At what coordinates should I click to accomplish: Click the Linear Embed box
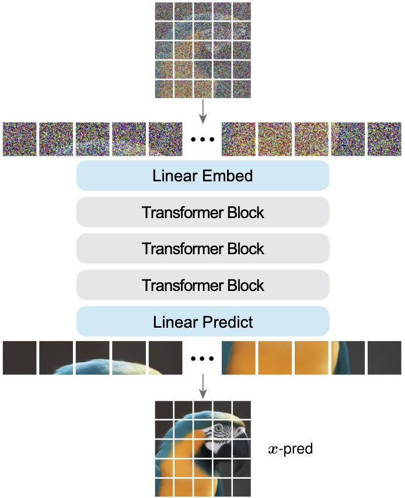coord(203,176)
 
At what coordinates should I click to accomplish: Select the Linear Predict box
coord(203,321)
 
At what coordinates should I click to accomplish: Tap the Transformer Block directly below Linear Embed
coord(203,212)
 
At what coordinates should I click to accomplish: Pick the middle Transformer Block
coord(203,248)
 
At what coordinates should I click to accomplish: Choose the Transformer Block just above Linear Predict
coord(203,285)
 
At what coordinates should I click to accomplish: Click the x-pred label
coord(291,449)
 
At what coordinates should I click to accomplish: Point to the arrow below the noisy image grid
coord(203,111)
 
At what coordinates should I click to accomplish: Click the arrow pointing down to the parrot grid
coord(203,386)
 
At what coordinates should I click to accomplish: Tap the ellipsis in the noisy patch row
coord(202,139)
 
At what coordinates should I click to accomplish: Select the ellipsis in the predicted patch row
coord(202,359)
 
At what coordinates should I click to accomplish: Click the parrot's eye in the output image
coord(218,429)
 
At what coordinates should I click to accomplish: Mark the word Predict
coord(228,322)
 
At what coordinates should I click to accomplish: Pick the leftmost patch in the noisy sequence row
coord(20,139)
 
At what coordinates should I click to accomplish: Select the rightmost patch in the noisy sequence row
coord(385,139)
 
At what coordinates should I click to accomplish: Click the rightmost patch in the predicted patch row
coord(385,358)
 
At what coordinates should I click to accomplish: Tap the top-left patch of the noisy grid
coord(164,12)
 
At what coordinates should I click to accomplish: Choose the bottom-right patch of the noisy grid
coord(242,89)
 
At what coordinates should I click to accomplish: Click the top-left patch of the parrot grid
coord(164,410)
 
